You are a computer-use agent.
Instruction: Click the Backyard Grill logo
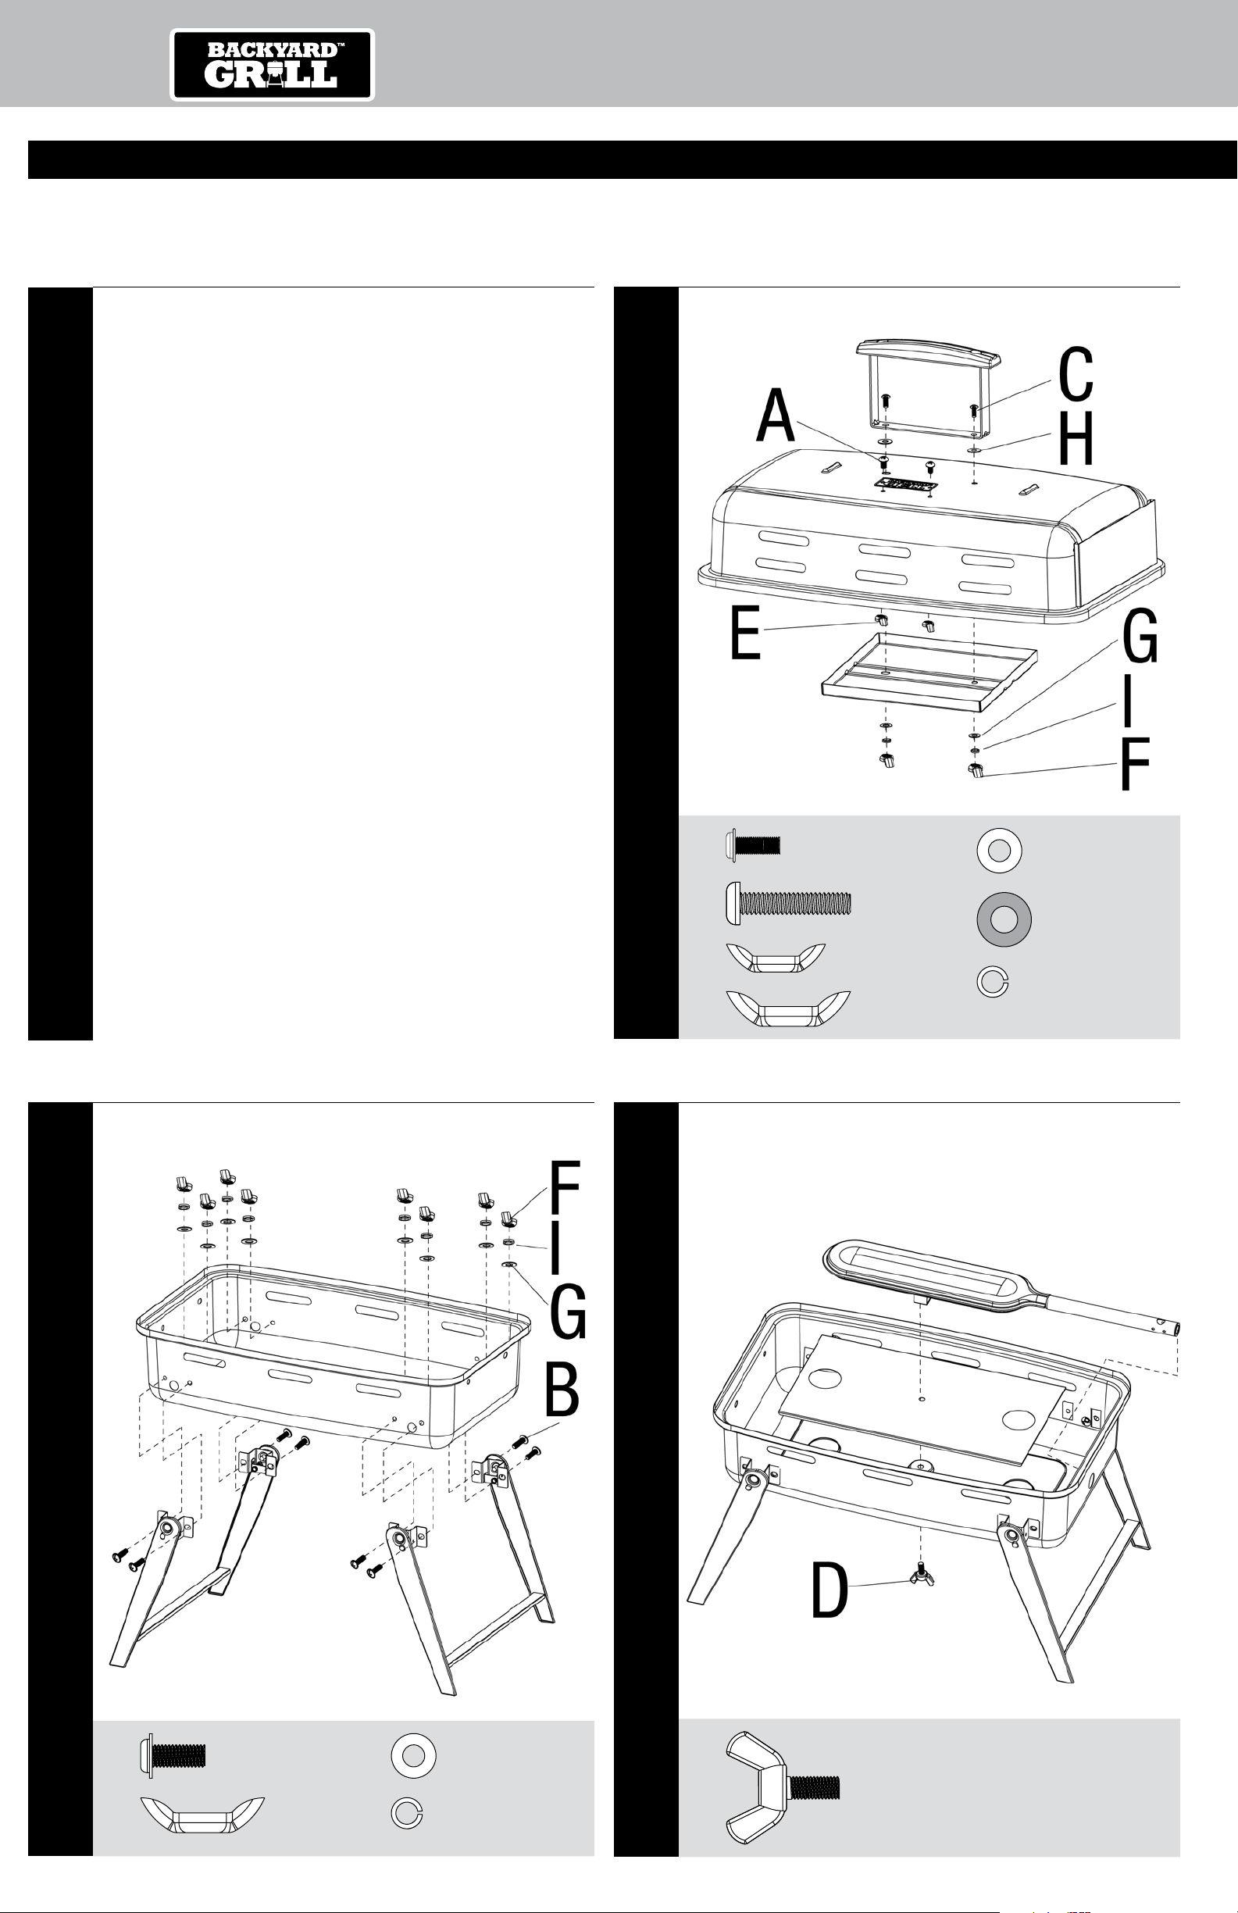coord(273,65)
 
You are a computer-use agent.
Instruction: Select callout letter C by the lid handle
coord(1076,375)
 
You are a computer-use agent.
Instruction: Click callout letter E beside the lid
coord(745,634)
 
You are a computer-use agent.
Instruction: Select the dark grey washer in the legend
coord(999,919)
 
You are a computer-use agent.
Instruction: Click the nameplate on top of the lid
coord(905,484)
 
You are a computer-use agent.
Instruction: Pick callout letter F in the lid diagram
coord(1134,763)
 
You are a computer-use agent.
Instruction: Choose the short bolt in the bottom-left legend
coord(173,1754)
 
